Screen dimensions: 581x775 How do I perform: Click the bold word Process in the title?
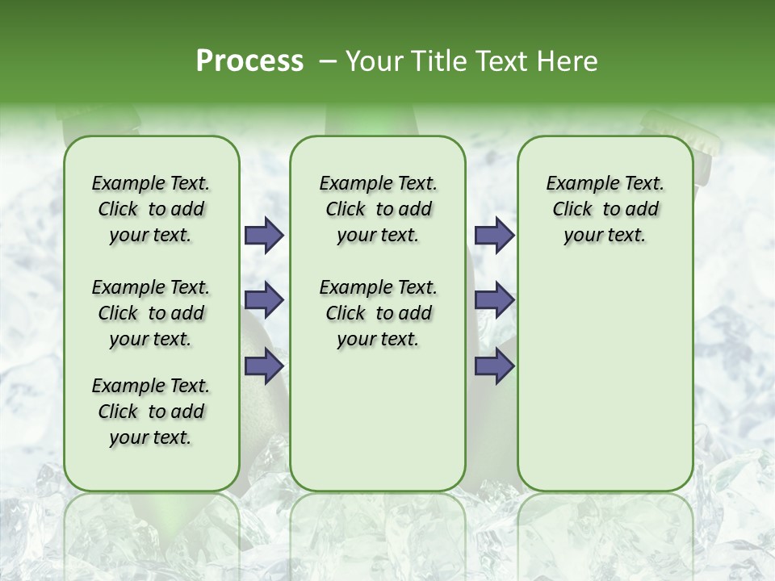(x=249, y=61)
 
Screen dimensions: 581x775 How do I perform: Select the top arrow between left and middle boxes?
(x=264, y=235)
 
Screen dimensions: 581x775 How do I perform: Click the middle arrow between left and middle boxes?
(x=264, y=300)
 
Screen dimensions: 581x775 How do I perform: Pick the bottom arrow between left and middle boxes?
(x=264, y=366)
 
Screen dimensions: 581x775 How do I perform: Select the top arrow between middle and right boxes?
(x=494, y=235)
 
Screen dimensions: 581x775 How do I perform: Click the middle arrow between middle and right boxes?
(x=494, y=300)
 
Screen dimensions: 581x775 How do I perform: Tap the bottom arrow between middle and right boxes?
(x=494, y=366)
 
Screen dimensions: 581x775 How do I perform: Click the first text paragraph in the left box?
(x=151, y=209)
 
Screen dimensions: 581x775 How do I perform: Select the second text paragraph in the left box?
(x=151, y=313)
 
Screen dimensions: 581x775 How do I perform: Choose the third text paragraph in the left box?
(x=151, y=412)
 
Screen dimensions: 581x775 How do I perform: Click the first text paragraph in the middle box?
(x=378, y=209)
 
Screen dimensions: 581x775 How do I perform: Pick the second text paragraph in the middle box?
(x=378, y=313)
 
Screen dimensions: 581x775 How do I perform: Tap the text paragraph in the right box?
(x=605, y=209)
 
